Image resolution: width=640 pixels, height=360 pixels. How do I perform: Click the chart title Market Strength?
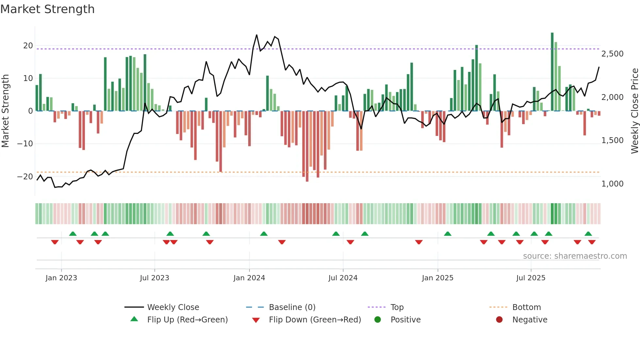[x=47, y=9]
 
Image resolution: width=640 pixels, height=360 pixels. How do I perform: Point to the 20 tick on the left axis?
[x=28, y=46]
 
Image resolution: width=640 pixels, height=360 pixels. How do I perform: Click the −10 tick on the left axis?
[x=25, y=144]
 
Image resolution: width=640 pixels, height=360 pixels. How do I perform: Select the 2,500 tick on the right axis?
[x=612, y=54]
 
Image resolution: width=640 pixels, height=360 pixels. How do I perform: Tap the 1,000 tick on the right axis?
[x=612, y=184]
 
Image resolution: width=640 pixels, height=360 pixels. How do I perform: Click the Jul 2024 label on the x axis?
[x=343, y=278]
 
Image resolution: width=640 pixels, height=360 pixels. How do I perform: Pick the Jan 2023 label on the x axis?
[x=61, y=278]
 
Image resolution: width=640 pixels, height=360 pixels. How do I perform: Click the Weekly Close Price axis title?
[x=634, y=111]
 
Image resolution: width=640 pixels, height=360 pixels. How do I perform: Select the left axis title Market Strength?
[x=5, y=111]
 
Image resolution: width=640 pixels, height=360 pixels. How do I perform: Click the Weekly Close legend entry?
[x=173, y=307]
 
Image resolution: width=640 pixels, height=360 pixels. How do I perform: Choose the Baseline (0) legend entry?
[x=292, y=307]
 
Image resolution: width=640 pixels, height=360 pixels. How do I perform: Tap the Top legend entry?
[x=397, y=307]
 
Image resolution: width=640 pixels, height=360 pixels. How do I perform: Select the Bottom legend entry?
[x=526, y=307]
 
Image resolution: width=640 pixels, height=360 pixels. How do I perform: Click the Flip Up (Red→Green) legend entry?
[x=187, y=320]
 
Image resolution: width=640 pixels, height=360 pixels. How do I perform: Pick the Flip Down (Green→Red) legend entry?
[x=315, y=320]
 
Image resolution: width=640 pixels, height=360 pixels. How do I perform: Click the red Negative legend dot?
[x=499, y=320]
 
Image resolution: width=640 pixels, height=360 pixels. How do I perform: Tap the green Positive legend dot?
[x=378, y=320]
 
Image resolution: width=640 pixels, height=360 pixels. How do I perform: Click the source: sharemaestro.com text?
[x=575, y=256]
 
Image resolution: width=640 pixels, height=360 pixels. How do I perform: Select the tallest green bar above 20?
[x=552, y=72]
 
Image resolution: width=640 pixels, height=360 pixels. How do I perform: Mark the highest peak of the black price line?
[x=257, y=35]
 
